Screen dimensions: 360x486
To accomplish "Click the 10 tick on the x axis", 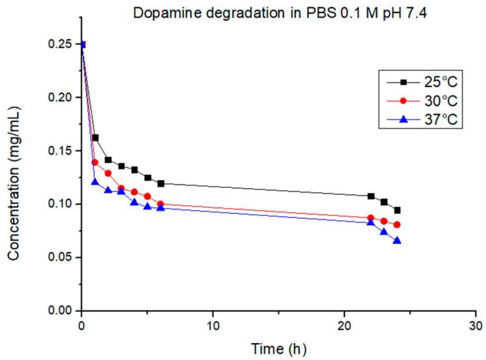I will pyautogui.click(x=213, y=325).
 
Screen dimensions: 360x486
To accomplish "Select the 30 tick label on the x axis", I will pyautogui.click(x=476, y=325).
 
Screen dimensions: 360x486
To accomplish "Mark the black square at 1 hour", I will pyautogui.click(x=95, y=137).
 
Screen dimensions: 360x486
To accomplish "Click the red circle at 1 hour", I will pyautogui.click(x=95, y=162).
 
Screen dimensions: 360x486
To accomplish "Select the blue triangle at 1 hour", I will pyautogui.click(x=95, y=182).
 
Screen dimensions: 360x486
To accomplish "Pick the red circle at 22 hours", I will pyautogui.click(x=371, y=218).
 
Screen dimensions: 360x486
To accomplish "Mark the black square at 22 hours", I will pyautogui.click(x=371, y=196).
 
